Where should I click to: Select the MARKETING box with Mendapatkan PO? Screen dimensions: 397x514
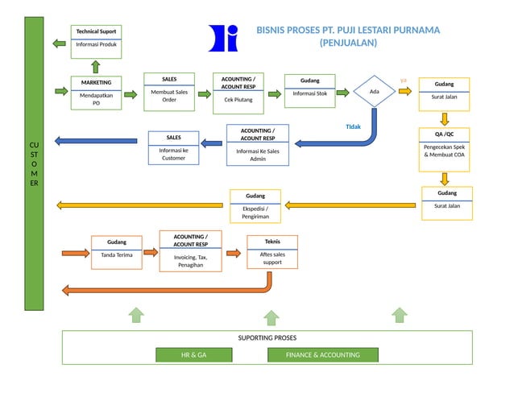tap(96, 93)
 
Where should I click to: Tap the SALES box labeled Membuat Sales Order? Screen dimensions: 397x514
tap(169, 90)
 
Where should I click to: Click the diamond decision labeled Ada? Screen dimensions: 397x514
tap(374, 92)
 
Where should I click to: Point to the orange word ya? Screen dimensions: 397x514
tap(404, 80)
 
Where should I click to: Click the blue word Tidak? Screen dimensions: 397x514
tap(353, 126)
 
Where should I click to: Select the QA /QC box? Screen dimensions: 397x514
tap(444, 149)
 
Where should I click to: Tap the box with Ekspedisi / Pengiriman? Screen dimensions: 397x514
tap(255, 206)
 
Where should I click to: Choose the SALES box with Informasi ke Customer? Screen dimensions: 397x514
tap(173, 147)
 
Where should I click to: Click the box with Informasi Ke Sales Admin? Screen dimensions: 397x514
tap(257, 144)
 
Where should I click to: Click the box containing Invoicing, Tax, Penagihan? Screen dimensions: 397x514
tap(190, 250)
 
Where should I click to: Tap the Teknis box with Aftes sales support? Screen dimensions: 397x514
tap(272, 252)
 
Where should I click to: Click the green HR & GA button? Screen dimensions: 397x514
tap(193, 354)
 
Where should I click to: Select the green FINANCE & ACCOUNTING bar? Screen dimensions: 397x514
tap(322, 354)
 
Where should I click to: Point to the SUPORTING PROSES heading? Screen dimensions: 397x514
tap(267, 338)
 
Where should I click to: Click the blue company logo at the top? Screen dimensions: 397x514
tap(224, 38)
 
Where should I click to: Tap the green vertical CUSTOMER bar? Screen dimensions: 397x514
tap(33, 163)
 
